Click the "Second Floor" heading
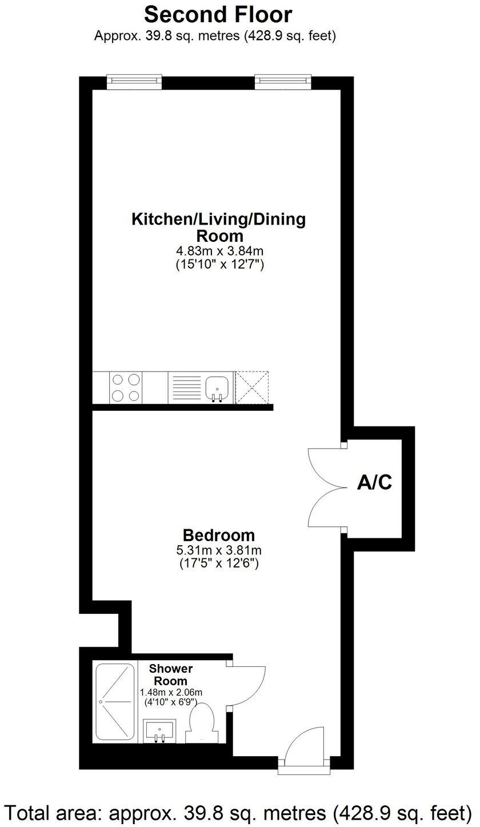(218, 14)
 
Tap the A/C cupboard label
(375, 483)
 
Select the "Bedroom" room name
(218, 536)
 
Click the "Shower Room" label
(171, 674)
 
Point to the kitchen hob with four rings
(126, 387)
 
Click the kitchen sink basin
(217, 386)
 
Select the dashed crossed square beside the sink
(252, 387)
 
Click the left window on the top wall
(134, 82)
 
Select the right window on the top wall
(283, 82)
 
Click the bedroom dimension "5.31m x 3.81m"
(219, 551)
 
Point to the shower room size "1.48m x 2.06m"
(171, 692)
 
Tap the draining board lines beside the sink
(184, 387)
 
